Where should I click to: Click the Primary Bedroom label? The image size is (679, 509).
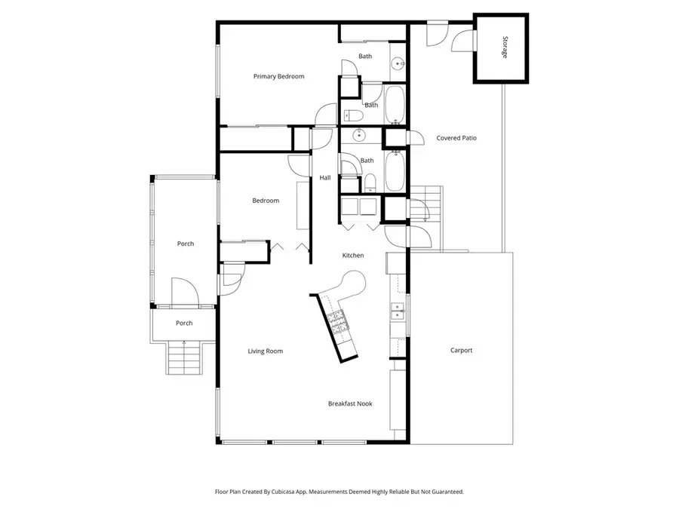(278, 76)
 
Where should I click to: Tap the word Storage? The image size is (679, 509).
(503, 48)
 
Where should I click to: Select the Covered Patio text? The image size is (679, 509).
(456, 138)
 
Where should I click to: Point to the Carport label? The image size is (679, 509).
(461, 350)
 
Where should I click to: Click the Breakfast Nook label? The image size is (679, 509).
(350, 403)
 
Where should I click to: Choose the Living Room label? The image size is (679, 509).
(266, 351)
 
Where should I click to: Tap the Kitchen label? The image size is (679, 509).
(353, 255)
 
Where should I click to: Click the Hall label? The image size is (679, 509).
(325, 178)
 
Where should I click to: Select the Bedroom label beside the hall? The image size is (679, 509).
(266, 201)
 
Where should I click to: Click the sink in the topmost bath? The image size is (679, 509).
(397, 63)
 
